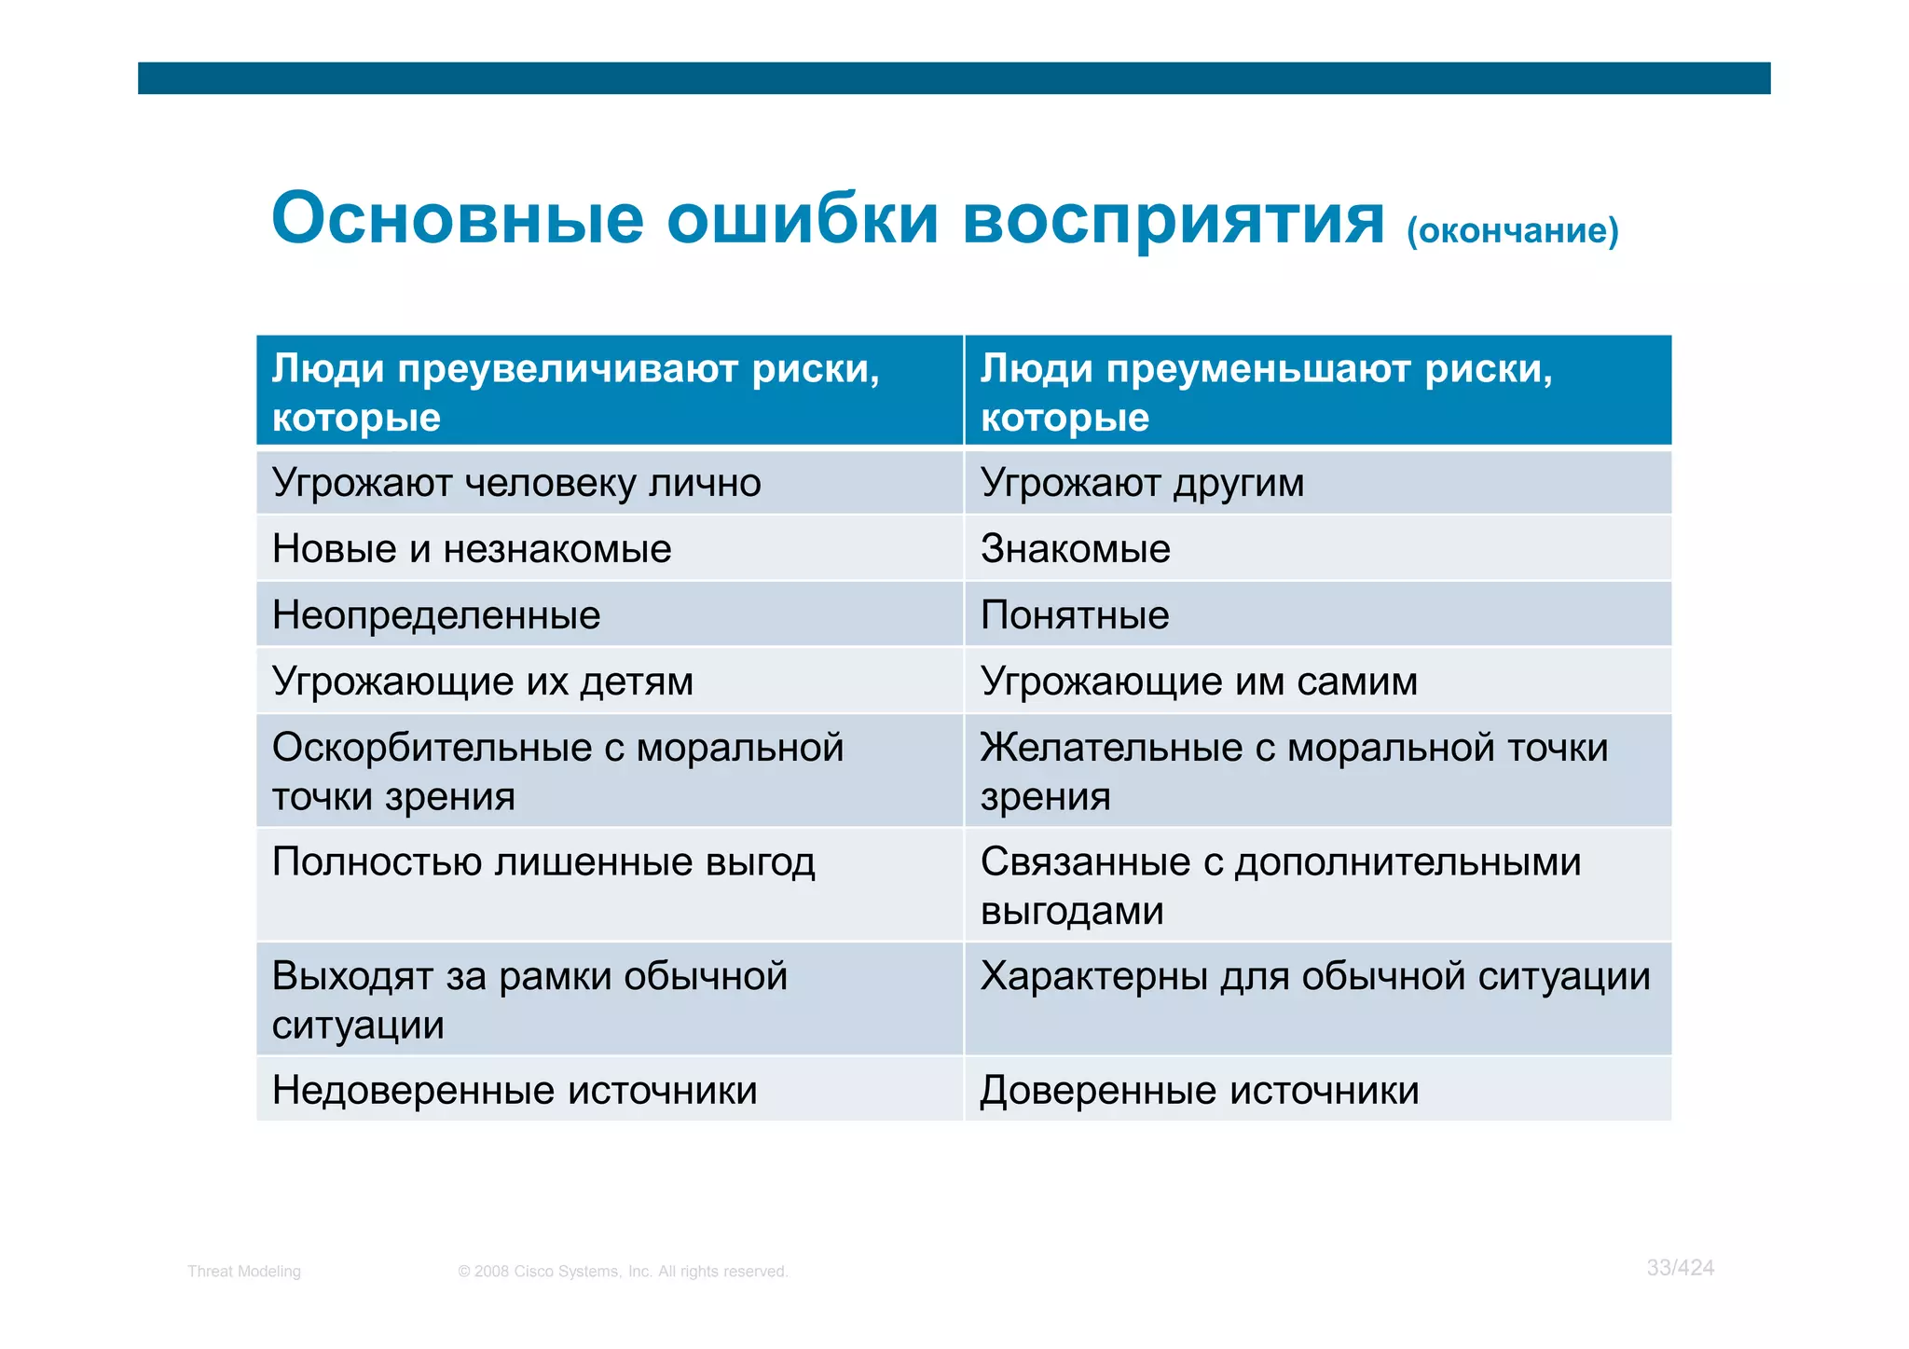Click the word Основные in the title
click(457, 219)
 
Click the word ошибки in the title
click(802, 219)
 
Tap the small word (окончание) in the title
click(1512, 230)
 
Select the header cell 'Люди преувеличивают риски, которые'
click(608, 392)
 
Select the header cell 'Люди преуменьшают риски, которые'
click(1316, 392)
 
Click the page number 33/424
click(1680, 1268)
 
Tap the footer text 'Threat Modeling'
click(244, 1272)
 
